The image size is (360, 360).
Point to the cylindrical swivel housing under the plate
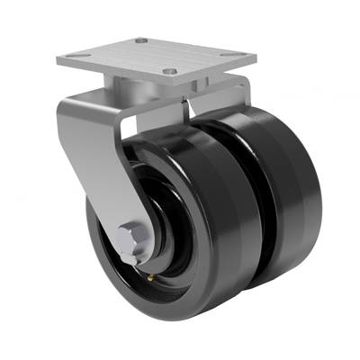(x=130, y=91)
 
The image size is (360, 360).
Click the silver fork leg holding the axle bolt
(x=90, y=162)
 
